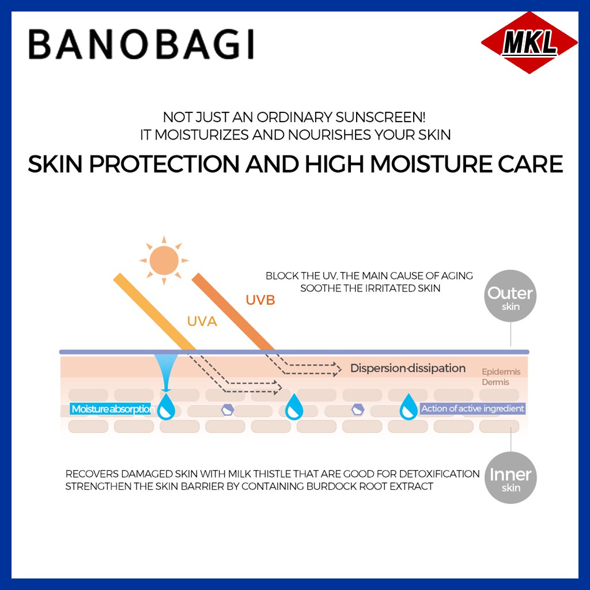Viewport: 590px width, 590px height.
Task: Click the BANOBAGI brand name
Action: point(141,45)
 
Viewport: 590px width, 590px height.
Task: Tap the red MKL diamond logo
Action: point(529,44)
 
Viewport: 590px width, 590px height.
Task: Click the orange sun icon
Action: point(164,260)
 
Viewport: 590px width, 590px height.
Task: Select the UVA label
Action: point(202,322)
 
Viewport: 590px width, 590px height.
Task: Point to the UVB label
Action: point(260,300)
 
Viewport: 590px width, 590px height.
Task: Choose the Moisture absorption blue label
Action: point(111,409)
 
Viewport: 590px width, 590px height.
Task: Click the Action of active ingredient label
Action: point(472,409)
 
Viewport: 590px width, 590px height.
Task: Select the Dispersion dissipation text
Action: point(408,368)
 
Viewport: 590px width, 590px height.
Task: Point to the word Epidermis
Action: point(501,372)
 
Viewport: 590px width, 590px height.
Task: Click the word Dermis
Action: point(496,382)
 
